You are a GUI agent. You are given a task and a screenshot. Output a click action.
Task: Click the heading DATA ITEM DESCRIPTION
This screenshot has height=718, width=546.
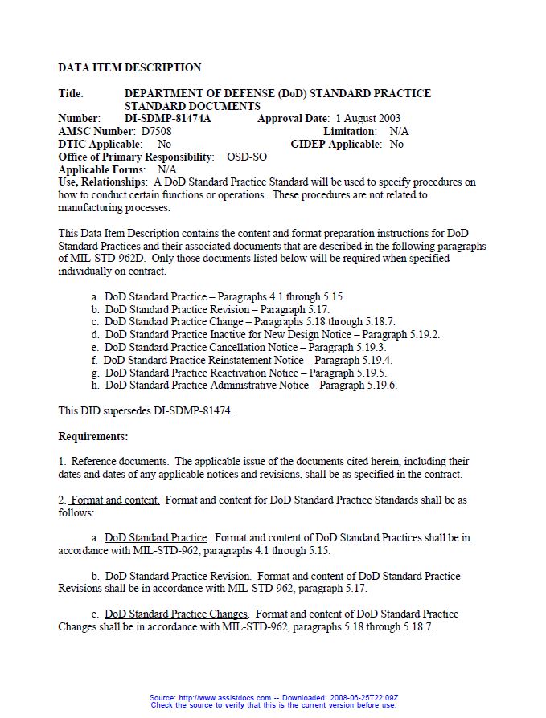pos(129,67)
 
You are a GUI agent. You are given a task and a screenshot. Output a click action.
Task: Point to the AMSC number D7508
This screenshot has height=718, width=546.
pos(156,131)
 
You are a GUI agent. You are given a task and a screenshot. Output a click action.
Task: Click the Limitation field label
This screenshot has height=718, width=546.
pos(350,131)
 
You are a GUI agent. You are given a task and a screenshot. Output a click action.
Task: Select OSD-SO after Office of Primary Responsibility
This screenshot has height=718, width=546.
pos(247,157)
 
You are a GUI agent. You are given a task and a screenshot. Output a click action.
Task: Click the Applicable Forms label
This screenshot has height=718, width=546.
pos(102,169)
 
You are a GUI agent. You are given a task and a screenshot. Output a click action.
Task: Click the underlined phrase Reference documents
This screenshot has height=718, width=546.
pos(120,462)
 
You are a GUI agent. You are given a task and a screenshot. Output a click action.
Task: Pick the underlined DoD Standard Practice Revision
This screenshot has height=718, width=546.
pos(178,576)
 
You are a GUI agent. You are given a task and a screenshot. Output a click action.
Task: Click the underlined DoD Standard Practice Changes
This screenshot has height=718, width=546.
pos(176,614)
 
